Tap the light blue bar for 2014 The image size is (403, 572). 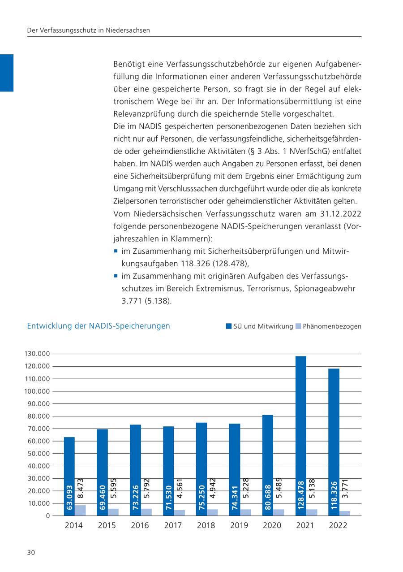click(x=80, y=511)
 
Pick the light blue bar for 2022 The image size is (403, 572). click(x=345, y=513)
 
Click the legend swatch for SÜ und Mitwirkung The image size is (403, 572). click(x=228, y=326)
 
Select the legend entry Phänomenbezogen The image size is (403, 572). click(x=332, y=326)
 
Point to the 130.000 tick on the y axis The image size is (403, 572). click(x=37, y=354)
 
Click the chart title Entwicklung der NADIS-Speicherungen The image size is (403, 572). click(x=99, y=326)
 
